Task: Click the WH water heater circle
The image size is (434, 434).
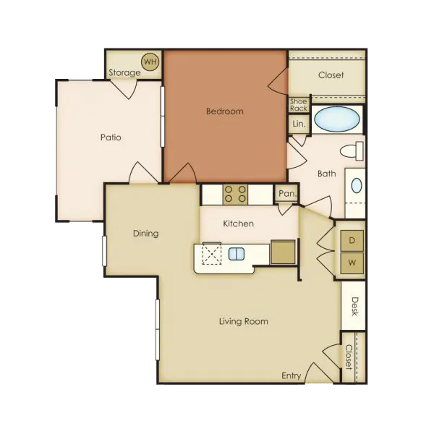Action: [x=150, y=61]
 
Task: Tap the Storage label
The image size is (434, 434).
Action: [x=124, y=72]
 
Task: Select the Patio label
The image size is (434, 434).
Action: [x=111, y=137]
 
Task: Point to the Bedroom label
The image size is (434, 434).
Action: [x=225, y=111]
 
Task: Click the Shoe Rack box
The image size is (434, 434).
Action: [x=299, y=105]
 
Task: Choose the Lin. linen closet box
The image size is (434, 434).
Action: [x=299, y=124]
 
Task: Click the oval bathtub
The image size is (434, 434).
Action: [x=337, y=119]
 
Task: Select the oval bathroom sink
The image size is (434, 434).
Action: [x=357, y=185]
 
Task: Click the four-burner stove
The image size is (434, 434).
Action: [x=235, y=195]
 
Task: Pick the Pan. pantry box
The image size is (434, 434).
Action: [x=287, y=193]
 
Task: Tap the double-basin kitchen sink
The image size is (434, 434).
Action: [x=237, y=254]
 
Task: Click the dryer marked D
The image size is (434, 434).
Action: [x=352, y=240]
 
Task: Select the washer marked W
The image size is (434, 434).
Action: [x=352, y=263]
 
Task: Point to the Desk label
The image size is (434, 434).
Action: [x=354, y=307]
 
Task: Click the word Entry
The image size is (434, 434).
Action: [x=292, y=376]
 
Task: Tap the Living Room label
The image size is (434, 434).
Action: [x=244, y=321]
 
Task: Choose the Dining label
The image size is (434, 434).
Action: [x=146, y=234]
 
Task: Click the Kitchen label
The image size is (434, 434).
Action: [x=238, y=224]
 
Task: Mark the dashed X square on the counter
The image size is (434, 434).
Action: [x=212, y=254]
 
